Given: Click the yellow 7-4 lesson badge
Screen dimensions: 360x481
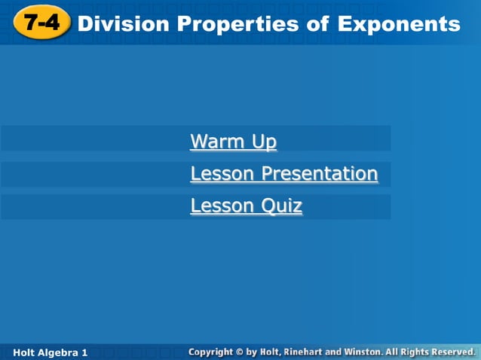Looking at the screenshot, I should click(41, 23).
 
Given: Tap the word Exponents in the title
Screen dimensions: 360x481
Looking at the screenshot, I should click(399, 24).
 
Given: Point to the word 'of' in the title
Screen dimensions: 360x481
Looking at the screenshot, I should click(317, 24).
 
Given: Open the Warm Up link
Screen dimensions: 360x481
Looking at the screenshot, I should click(233, 142).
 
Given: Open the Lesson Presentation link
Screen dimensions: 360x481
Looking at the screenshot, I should click(283, 174).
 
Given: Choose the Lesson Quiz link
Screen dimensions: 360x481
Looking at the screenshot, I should click(246, 206).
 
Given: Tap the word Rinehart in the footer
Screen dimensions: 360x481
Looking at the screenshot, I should click(309, 352).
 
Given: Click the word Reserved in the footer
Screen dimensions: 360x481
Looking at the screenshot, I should click(451, 352).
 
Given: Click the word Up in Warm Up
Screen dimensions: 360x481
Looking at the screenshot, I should click(264, 142).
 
